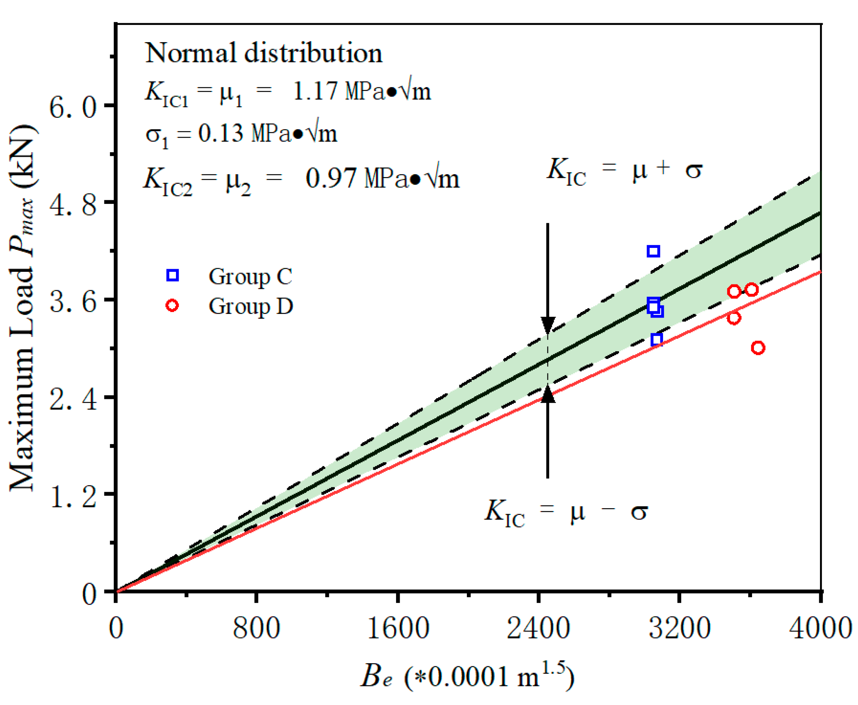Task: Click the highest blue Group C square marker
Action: pyautogui.click(x=653, y=251)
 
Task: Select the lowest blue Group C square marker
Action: pyautogui.click(x=657, y=339)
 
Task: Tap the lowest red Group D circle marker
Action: pyautogui.click(x=758, y=347)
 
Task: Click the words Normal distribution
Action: pyautogui.click(x=264, y=53)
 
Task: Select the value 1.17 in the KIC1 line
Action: pyautogui.click(x=315, y=91)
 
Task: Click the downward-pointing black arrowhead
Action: pyautogui.click(x=548, y=325)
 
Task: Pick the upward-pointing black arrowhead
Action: pyautogui.click(x=548, y=394)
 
